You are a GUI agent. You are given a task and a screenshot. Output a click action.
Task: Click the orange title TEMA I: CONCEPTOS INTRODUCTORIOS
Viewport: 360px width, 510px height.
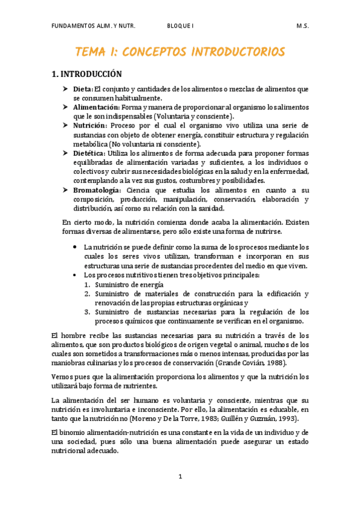pyautogui.click(x=180, y=52)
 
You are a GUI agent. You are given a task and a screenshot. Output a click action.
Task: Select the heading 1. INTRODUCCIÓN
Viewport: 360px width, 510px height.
pyautogui.click(x=87, y=75)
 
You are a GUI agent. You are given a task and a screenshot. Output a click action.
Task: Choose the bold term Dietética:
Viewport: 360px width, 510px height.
pyautogui.click(x=90, y=153)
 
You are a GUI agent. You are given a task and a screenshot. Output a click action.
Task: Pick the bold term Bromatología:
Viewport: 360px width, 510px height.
pyautogui.click(x=98, y=190)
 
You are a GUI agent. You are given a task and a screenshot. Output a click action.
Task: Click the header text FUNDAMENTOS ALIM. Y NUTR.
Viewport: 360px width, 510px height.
pyautogui.click(x=94, y=26)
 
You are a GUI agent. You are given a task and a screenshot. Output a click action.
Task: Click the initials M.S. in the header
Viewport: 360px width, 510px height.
pyautogui.click(x=302, y=26)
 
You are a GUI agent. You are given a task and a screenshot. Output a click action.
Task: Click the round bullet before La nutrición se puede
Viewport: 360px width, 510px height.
pyautogui.click(x=73, y=247)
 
